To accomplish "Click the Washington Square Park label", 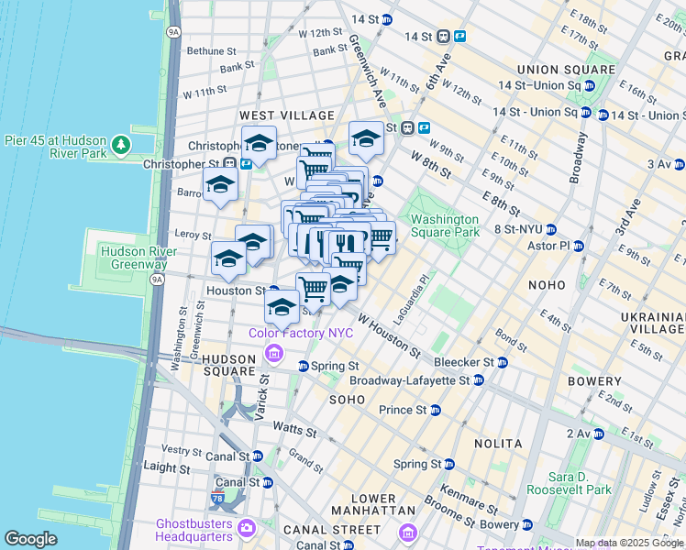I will [x=444, y=225].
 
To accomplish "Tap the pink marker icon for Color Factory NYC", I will [x=272, y=353].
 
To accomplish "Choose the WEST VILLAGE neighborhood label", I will [x=287, y=115].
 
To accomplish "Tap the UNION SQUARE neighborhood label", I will [x=566, y=70].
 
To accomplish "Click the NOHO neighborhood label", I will [x=548, y=285].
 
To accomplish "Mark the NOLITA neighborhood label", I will [x=498, y=444].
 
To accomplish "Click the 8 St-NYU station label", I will [x=518, y=229].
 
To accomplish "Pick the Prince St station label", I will [x=403, y=410].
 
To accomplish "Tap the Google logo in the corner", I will [x=30, y=538].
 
